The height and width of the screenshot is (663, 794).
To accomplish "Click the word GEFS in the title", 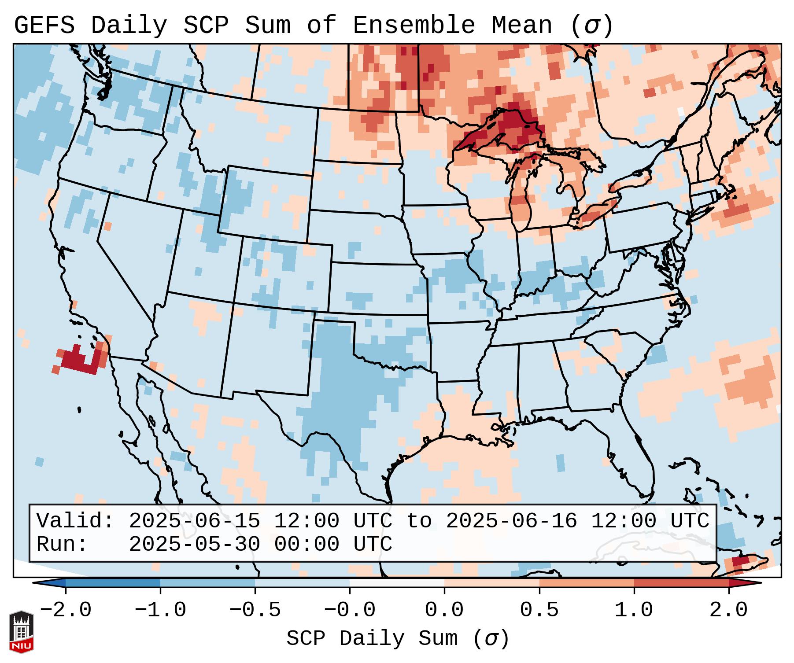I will (x=44, y=26).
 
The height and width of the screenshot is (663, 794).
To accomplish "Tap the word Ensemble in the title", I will (x=414, y=26).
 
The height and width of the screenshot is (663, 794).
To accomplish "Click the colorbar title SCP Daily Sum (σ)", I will (x=397, y=639).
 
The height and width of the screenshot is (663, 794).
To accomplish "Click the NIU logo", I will (x=21, y=632).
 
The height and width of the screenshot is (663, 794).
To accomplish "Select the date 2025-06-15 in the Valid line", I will (x=195, y=521).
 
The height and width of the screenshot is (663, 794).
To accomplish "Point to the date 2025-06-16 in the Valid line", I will (x=512, y=521).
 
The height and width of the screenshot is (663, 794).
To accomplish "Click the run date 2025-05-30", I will (x=195, y=545).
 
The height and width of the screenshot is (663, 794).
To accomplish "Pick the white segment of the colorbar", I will (x=397, y=583).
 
